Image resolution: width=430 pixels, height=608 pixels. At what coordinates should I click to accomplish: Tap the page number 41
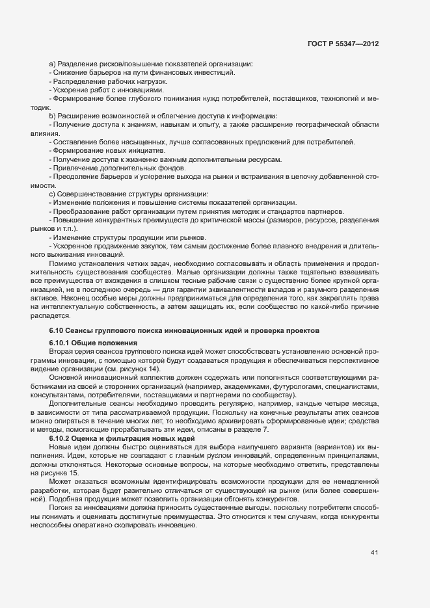(374, 553)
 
